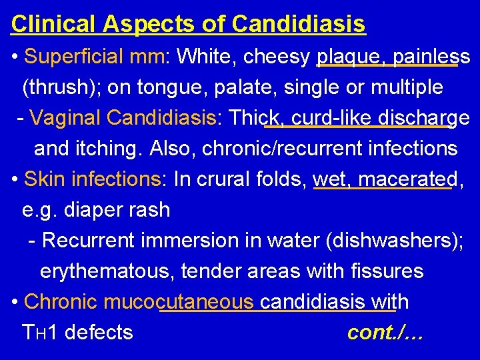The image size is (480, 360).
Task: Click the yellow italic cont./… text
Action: [x=386, y=332]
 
